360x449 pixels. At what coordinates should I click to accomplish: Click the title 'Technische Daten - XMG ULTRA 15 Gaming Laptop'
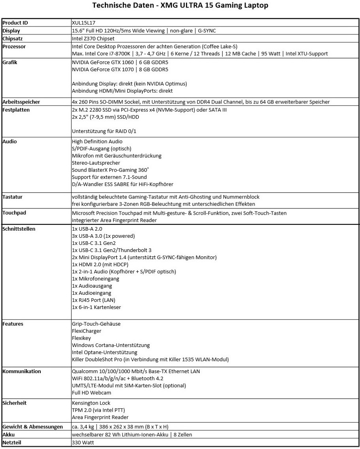pos(180,6)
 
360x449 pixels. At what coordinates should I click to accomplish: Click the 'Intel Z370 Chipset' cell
pos(93,38)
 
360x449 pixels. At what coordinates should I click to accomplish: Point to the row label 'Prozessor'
pos(14,46)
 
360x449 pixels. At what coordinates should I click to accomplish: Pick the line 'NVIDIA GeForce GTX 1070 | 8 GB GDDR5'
pos(120,70)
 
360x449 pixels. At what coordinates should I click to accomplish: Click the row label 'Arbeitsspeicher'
pos(21,102)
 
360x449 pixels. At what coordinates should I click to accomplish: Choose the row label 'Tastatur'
pos(13,197)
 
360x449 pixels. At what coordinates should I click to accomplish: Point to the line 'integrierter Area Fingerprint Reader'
pos(114,220)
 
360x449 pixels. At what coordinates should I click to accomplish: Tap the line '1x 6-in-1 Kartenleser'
pos(97,307)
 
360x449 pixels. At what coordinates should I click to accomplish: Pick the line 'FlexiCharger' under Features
pos(86,331)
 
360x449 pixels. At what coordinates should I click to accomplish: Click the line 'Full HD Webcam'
pos(91,392)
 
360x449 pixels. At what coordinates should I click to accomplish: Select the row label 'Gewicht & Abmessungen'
pos(32,426)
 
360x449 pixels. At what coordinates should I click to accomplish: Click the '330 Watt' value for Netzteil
pos(83,442)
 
